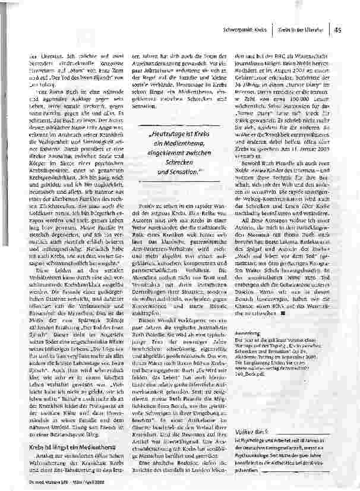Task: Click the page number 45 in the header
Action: click(337, 27)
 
